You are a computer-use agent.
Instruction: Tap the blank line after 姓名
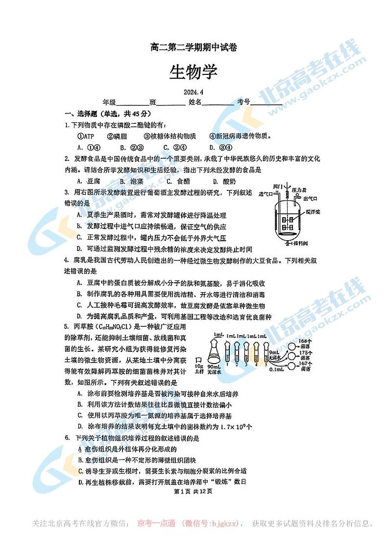click(218, 103)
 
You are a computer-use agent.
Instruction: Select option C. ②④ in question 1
click(174, 147)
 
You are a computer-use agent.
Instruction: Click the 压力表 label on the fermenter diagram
click(299, 189)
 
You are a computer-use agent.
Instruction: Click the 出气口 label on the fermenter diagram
click(311, 199)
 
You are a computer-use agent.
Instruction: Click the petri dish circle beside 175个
click(293, 355)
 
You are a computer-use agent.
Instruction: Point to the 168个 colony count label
click(306, 341)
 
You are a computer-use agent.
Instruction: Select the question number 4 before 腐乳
click(67, 260)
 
